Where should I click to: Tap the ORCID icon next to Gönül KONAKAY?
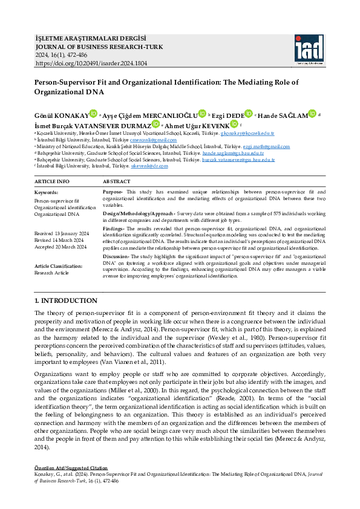93,113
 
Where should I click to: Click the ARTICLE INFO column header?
52,181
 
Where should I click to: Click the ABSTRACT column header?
116,181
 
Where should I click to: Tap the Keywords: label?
47,192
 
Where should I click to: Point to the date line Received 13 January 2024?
61,233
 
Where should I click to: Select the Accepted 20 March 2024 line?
61,247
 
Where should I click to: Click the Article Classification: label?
58,266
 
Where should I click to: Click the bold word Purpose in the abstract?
112,192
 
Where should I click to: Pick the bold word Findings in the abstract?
113,229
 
